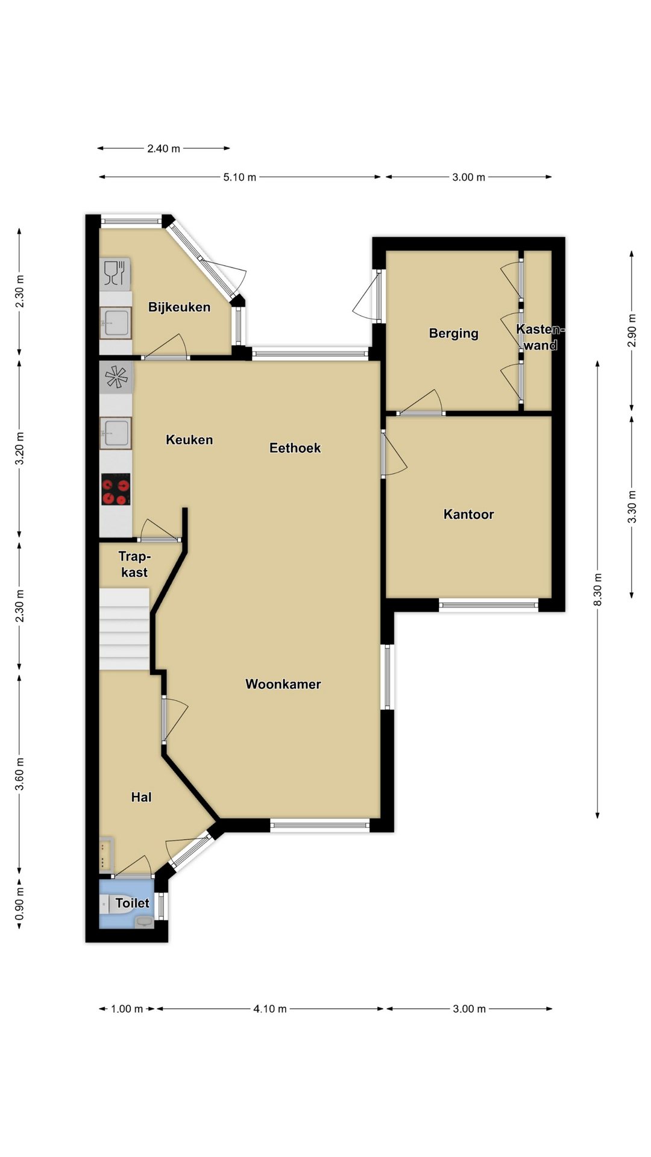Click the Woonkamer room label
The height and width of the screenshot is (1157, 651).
(x=283, y=684)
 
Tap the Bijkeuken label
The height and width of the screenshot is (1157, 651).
(x=179, y=307)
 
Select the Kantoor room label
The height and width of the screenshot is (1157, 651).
(x=468, y=514)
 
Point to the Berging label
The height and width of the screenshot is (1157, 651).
(x=453, y=333)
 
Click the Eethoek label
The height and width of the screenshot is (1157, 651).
(x=295, y=448)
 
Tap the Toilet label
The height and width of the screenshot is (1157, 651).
(x=132, y=903)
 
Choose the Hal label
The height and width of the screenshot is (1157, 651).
(x=141, y=797)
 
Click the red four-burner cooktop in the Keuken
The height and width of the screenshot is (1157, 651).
(x=116, y=489)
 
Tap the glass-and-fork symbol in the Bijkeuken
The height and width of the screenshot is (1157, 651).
(x=115, y=273)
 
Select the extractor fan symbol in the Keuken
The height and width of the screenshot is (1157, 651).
(x=116, y=377)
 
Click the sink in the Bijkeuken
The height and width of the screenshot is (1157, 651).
(x=116, y=322)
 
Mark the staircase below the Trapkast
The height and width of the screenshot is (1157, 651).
(x=124, y=629)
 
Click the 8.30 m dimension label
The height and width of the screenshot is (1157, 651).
(x=597, y=590)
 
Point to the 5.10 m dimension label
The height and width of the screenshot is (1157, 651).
(x=240, y=177)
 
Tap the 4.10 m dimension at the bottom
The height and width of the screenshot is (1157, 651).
(x=270, y=1009)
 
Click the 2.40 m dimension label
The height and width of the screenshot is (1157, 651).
(x=163, y=148)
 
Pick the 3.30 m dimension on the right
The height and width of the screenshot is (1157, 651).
(x=632, y=507)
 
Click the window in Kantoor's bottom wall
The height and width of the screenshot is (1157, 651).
(x=488, y=605)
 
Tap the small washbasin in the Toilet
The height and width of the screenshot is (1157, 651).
(x=144, y=921)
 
